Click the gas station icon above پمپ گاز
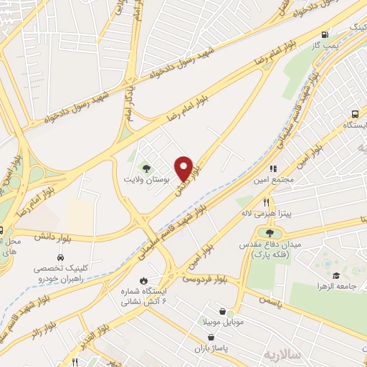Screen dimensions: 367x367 click(x=326, y=34)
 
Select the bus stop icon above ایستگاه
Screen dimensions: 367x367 click(x=356, y=115)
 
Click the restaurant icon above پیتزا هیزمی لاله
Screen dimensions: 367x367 click(x=266, y=203)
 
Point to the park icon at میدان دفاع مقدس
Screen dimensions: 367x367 click(x=270, y=232)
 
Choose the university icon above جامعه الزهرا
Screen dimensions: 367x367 click(x=336, y=275)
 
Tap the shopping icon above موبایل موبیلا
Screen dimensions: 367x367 click(x=227, y=311)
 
